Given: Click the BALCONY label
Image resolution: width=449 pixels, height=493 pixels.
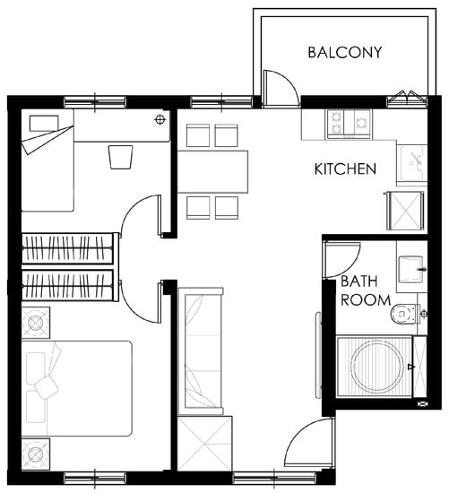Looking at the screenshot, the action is (x=345, y=53).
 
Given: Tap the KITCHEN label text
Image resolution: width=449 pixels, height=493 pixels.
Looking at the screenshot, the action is (x=345, y=169).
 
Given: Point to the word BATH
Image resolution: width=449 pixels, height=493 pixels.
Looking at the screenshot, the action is (x=359, y=281).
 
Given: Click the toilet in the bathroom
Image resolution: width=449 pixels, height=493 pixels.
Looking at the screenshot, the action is (x=406, y=314).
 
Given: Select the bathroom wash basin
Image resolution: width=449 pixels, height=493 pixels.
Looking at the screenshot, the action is (x=410, y=270).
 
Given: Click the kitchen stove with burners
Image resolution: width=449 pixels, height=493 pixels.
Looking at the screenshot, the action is (x=350, y=124).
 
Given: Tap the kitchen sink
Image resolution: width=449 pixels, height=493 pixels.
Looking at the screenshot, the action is (x=412, y=163).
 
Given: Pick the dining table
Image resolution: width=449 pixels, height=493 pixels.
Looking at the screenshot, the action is (x=212, y=172).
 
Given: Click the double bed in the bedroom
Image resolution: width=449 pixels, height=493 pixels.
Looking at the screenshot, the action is (x=76, y=389).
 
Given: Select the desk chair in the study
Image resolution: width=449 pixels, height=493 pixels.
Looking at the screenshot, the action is (x=120, y=157).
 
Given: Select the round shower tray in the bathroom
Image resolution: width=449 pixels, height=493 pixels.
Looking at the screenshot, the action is (x=377, y=367).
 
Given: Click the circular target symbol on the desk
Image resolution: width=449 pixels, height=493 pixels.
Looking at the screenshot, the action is (x=160, y=119).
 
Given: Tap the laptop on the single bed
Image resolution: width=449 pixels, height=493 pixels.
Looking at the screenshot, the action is (x=44, y=124).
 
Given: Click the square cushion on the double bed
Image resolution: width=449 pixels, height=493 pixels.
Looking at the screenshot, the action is (x=47, y=387).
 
